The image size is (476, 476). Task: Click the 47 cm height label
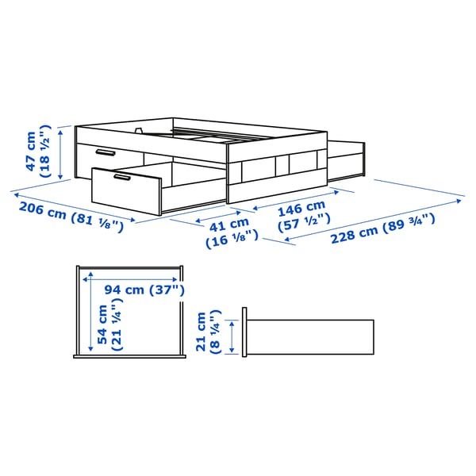pyautogui.click(x=31, y=152)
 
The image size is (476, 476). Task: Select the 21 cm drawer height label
pyautogui.click(x=202, y=332)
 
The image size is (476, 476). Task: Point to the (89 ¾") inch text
pyautogui.click(x=413, y=221)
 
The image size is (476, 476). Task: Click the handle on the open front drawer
pyautogui.click(x=125, y=178)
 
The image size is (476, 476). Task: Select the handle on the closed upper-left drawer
pyautogui.click(x=104, y=152)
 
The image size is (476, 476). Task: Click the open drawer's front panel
pyautogui.click(x=125, y=190)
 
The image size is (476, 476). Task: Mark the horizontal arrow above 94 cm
pyautogui.click(x=131, y=278)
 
